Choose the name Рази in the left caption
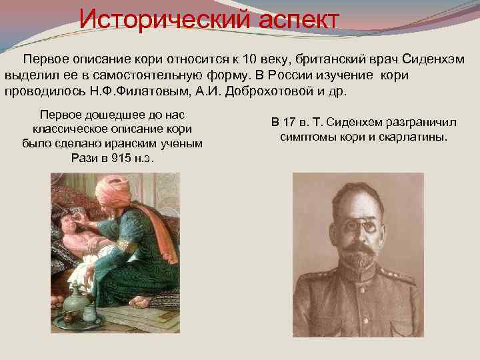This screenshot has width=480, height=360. pyautogui.click(x=84, y=159)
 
